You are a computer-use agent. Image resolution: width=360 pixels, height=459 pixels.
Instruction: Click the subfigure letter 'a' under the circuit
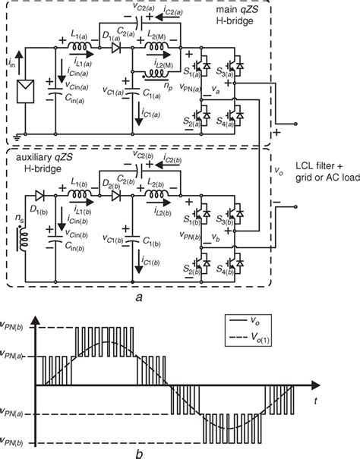pyautogui.click(x=140, y=298)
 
